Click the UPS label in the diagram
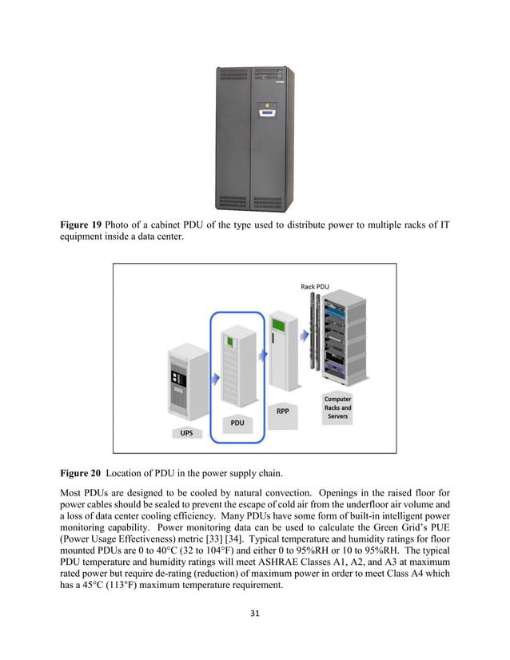(185, 434)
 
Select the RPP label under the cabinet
(282, 412)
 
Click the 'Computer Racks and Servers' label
(337, 407)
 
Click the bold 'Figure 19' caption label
(80, 225)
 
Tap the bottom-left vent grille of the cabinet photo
(233, 201)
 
